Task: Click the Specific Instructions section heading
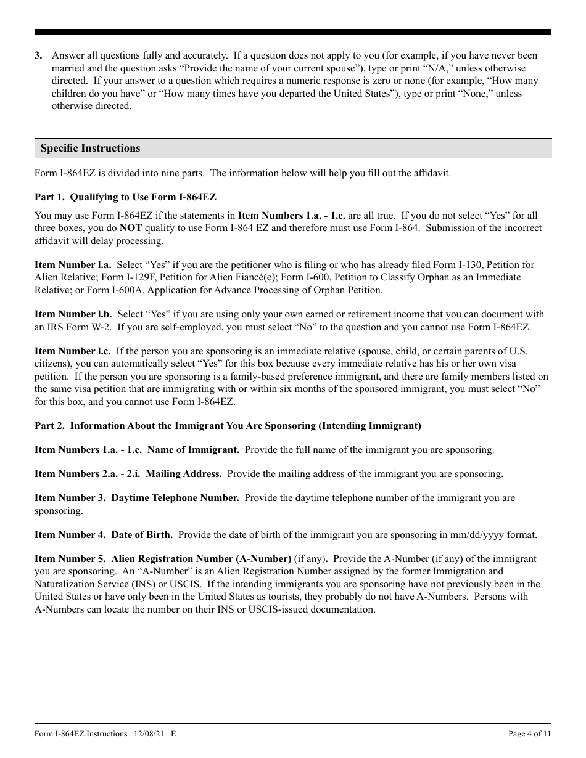(x=90, y=149)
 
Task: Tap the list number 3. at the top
(x=38, y=56)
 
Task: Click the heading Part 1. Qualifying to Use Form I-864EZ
(x=125, y=197)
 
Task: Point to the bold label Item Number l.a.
(x=73, y=265)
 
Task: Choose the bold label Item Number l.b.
(x=73, y=314)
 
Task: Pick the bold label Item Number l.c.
(x=73, y=351)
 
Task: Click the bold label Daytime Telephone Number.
(x=175, y=498)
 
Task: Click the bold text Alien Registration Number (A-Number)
(x=201, y=559)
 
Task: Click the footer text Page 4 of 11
(x=529, y=734)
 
